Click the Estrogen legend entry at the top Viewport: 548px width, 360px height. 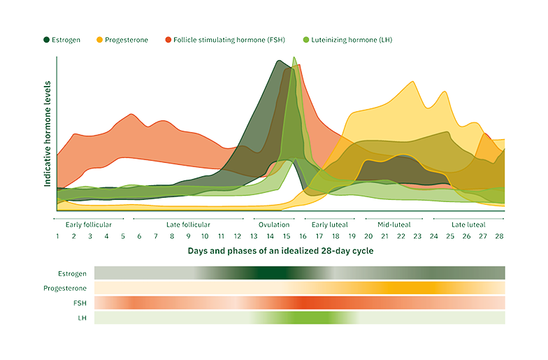pos(65,40)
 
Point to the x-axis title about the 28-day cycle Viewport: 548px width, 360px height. pos(280,250)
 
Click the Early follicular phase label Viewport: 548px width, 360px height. pos(88,224)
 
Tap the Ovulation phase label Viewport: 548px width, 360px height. pos(274,224)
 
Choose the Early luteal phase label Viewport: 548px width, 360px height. pos(329,224)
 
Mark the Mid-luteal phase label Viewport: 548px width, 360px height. pos(394,224)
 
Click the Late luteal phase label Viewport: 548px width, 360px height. pos(468,224)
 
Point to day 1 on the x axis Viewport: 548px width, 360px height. pos(57,236)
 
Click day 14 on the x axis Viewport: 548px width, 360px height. pos(271,236)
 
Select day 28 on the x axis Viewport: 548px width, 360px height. pos(500,236)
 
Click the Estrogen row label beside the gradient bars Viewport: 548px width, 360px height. pos(73,273)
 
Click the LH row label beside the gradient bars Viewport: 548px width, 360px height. pos(82,318)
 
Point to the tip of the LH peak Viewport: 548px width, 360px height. pos(294,57)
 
